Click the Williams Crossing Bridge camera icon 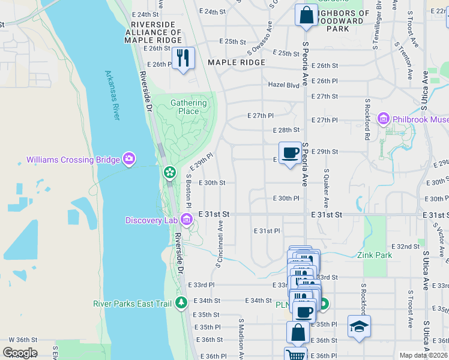(128, 159)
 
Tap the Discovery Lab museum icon (186, 220)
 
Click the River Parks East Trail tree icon (181, 303)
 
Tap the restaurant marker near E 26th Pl (184, 58)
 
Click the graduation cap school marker (359, 326)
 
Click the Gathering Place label (188, 107)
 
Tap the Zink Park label (376, 255)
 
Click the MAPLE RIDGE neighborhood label (236, 62)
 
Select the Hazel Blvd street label (283, 85)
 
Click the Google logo (20, 353)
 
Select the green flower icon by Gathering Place (170, 173)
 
